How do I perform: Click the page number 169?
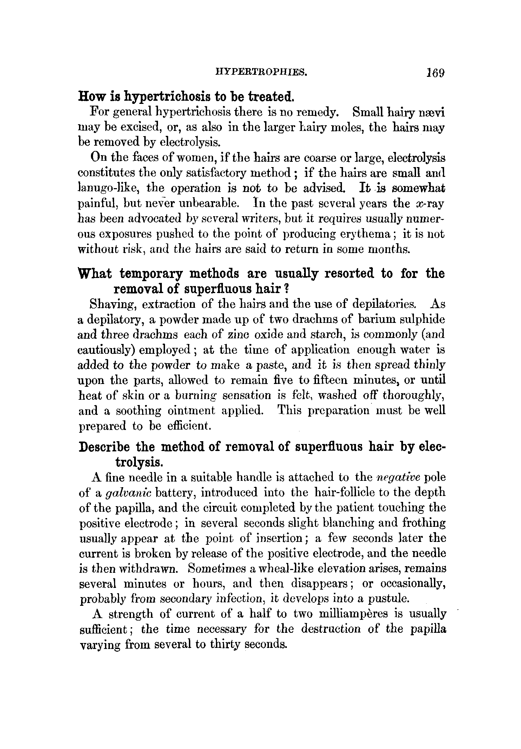coord(435,73)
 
